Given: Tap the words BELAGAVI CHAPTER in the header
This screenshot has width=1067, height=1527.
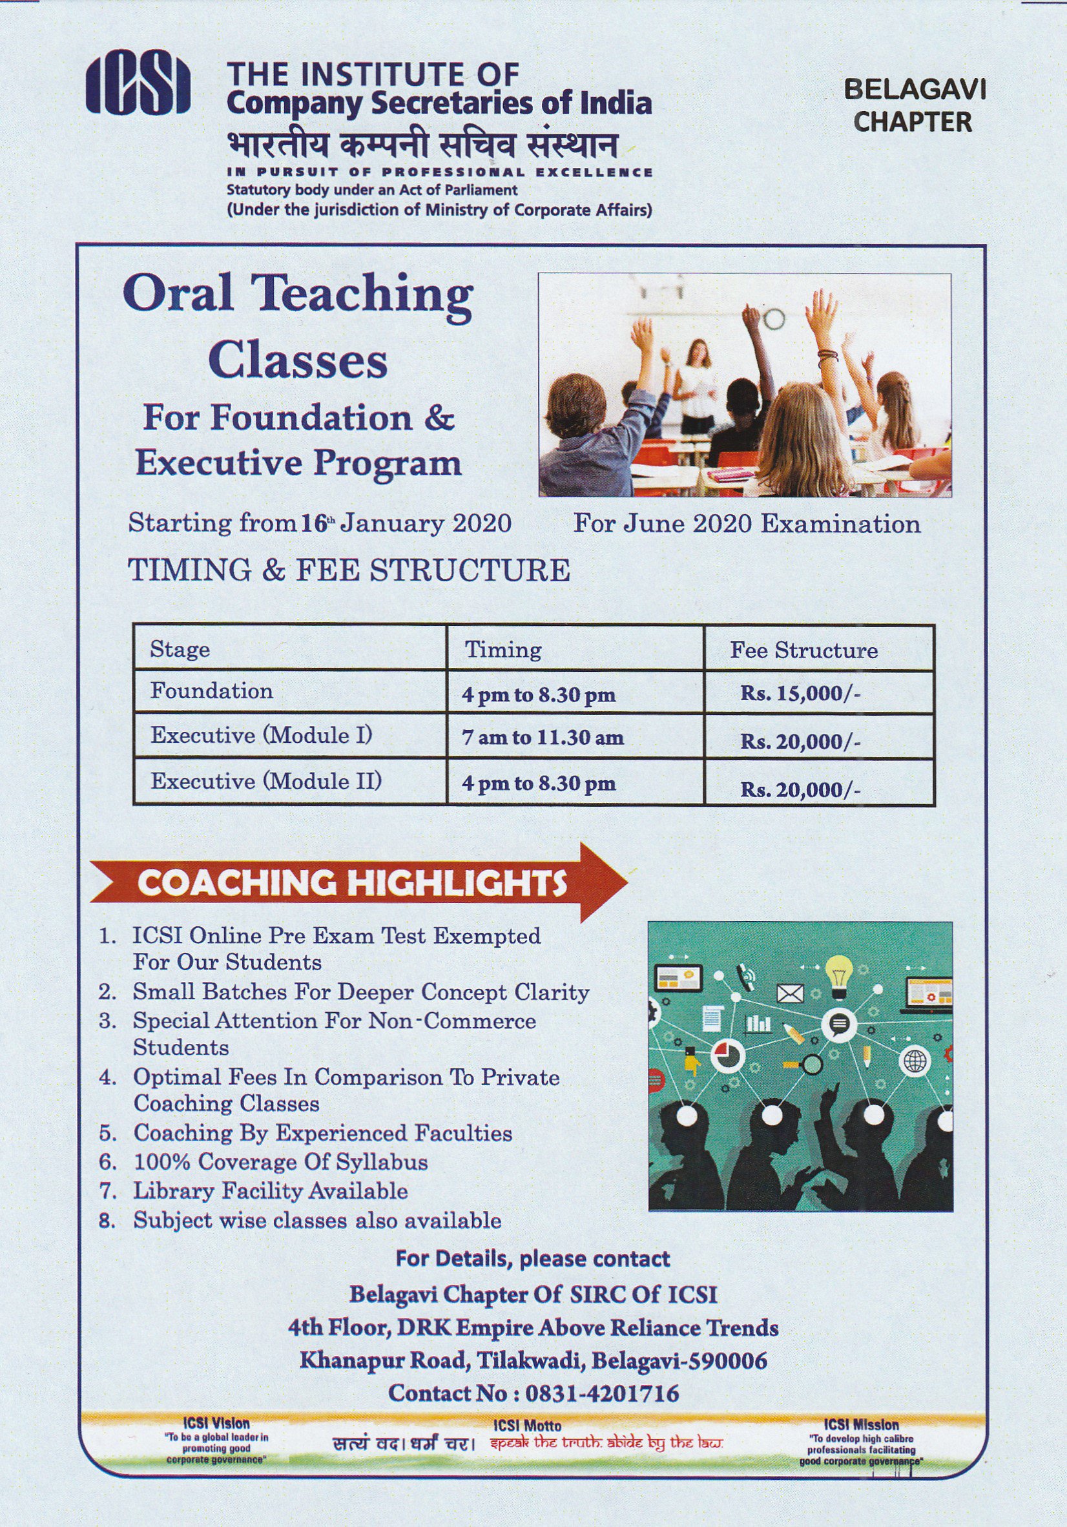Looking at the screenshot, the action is pyautogui.click(x=914, y=106).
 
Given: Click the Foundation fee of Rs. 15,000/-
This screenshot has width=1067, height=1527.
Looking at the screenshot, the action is pyautogui.click(x=800, y=694).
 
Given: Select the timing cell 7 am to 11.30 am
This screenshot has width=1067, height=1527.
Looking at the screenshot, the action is pyautogui.click(x=542, y=738).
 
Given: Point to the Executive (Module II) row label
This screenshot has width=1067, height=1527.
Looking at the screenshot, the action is pyautogui.click(x=266, y=780).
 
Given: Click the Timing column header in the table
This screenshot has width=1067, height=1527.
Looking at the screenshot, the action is pyautogui.click(x=503, y=649).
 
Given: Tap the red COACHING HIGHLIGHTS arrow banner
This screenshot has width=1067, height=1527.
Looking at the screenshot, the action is pyautogui.click(x=358, y=882).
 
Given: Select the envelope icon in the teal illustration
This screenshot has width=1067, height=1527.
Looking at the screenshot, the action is pyautogui.click(x=791, y=993).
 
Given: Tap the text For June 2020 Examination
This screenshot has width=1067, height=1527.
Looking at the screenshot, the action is pyautogui.click(x=747, y=523).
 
